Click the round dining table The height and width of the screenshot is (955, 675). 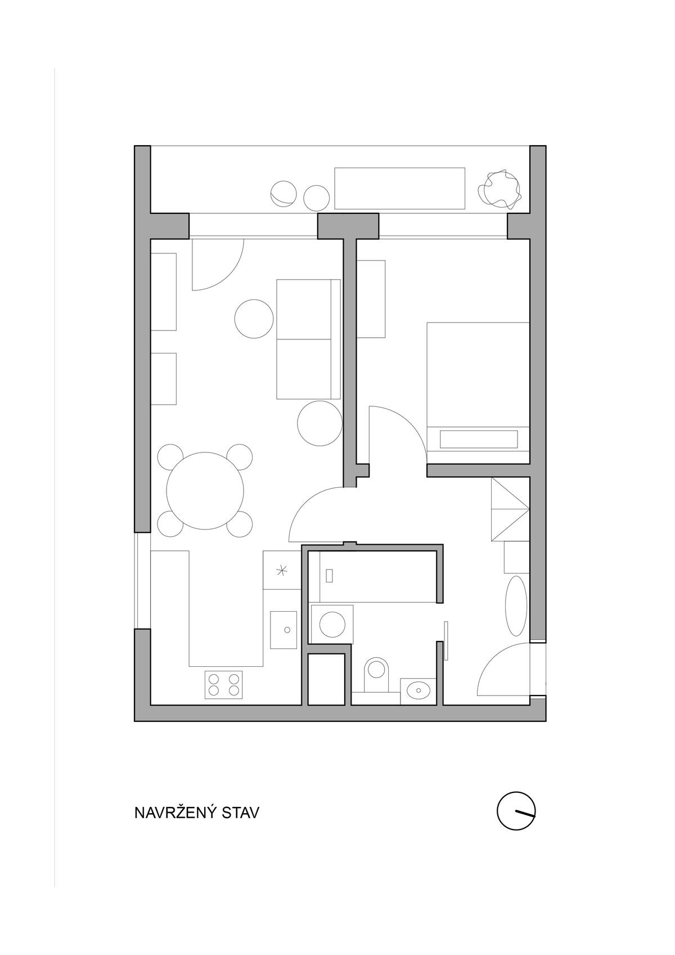pos(205,490)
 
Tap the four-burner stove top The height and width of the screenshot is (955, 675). pos(223,684)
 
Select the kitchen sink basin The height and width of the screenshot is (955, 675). pos(283,630)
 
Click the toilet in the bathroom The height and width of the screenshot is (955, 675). pos(376,675)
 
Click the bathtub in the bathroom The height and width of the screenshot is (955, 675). pos(377,577)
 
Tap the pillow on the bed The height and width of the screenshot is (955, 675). pos(479,439)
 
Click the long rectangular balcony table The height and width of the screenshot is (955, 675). pos(399,189)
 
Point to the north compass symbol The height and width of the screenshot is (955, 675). pos(516,811)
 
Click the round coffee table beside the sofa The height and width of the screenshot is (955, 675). pos(254,319)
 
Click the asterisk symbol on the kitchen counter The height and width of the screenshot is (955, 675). pos(281,571)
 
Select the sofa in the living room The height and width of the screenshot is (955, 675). pos(308,339)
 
